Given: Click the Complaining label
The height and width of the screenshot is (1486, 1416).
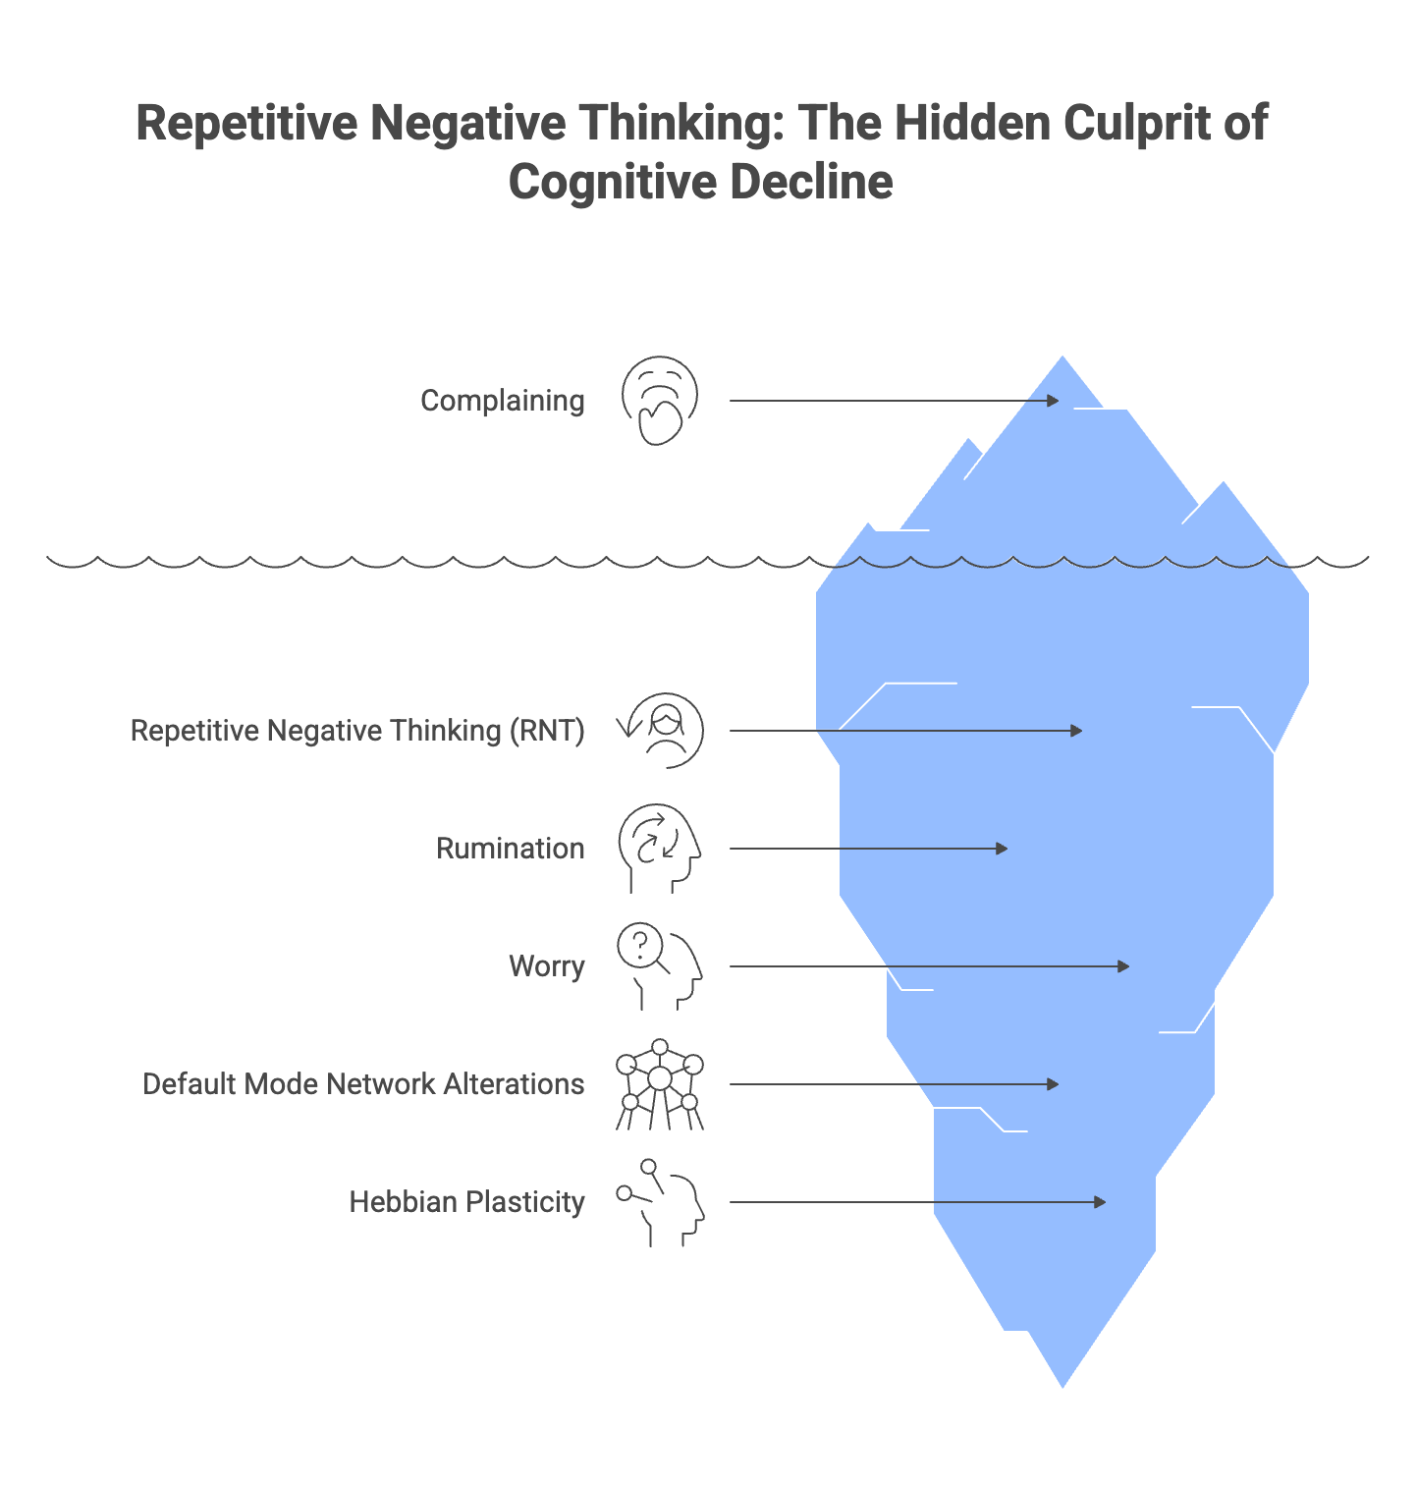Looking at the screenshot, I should (x=502, y=401).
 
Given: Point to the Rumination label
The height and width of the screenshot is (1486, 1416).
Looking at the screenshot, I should (x=510, y=849).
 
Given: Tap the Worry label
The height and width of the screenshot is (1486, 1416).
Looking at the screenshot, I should (x=546, y=966).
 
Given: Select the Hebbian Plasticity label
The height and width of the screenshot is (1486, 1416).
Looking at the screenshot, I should (x=466, y=1202).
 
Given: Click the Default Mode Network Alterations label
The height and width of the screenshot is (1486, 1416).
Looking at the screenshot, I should (x=363, y=1084).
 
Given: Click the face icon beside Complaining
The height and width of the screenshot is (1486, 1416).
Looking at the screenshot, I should (x=660, y=401).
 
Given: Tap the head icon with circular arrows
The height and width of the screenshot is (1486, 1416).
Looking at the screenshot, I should (x=659, y=848).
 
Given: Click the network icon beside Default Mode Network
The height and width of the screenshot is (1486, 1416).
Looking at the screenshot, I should (x=660, y=1084).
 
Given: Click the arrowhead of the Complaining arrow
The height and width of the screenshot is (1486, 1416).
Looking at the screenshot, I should (x=1054, y=401).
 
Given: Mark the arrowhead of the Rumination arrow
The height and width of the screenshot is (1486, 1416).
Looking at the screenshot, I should (x=1003, y=849).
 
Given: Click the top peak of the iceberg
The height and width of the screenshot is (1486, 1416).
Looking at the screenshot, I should (x=1062, y=359).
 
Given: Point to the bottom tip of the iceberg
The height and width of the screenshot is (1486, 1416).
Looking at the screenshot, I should (x=1062, y=1385).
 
